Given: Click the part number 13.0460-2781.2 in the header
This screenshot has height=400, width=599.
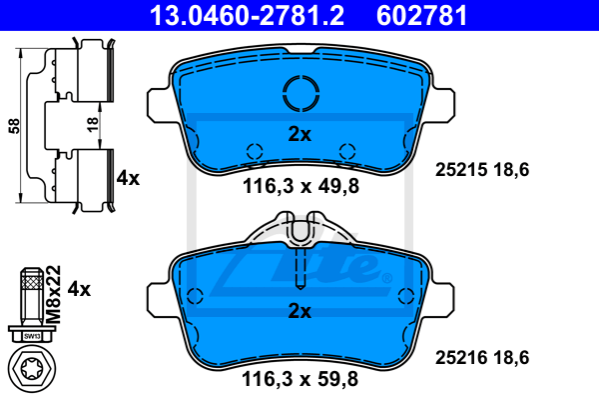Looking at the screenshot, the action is (247, 16).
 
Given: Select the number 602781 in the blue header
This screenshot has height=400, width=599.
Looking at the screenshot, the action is (421, 16).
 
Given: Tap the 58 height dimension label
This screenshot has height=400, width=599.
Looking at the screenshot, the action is (14, 126).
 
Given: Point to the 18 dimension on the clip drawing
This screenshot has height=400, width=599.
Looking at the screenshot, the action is (93, 124).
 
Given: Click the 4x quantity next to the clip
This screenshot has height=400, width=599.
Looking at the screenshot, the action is (128, 178).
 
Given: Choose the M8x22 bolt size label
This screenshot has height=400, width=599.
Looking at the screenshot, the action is (53, 294).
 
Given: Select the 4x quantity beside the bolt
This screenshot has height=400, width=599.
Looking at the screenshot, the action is (79, 289).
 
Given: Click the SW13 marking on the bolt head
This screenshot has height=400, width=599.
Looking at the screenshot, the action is (32, 336).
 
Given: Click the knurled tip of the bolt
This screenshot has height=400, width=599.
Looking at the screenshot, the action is (32, 280).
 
